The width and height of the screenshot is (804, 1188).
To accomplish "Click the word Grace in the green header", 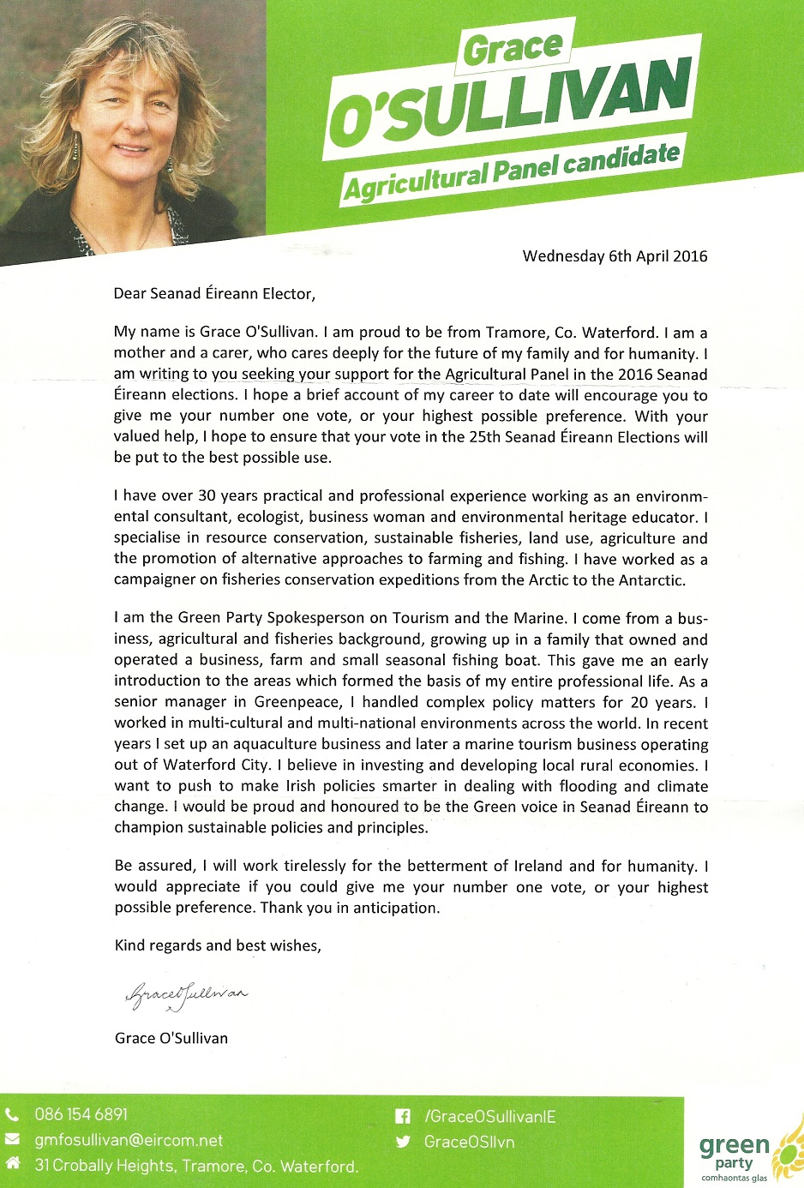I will tap(513, 48).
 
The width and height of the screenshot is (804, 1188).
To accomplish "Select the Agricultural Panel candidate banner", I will tap(512, 171).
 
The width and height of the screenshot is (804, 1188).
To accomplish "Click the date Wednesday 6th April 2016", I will tap(615, 255).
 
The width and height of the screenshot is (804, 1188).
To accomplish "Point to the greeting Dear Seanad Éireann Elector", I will tap(214, 293).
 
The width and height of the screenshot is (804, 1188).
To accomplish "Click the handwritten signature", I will tap(186, 993).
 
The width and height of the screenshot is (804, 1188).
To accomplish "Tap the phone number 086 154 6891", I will tap(81, 1114).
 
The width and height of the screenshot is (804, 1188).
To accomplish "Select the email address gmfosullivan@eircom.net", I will tap(129, 1141).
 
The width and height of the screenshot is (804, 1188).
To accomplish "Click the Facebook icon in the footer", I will tap(402, 1117).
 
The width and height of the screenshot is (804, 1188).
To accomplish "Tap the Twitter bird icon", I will tap(402, 1142).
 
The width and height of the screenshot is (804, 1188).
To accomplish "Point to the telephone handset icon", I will tap(12, 1115).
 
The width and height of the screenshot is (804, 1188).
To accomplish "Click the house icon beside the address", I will tap(13, 1164).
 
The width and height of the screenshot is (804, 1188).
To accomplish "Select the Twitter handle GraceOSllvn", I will tap(469, 1142).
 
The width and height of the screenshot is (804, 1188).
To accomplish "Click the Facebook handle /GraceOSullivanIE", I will tap(489, 1117).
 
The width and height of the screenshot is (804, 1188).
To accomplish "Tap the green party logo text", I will tap(734, 1153).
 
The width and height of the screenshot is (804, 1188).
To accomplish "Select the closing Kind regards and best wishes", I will tap(218, 945).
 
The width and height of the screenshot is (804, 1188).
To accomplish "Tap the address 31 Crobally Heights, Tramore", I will tap(196, 1166).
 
